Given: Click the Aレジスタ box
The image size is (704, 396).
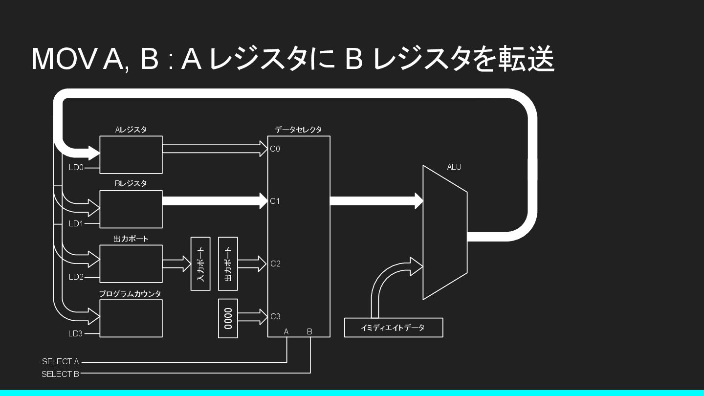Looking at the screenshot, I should (131, 154).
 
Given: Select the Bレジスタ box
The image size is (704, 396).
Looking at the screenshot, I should (131, 209).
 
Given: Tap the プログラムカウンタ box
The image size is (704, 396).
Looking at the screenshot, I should (131, 318).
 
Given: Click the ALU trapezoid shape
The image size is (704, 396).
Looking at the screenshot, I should (445, 232).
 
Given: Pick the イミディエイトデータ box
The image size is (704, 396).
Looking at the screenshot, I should (394, 328).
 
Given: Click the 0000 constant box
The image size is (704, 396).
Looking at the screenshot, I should (228, 318).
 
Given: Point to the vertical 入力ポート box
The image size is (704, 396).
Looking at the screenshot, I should (200, 264).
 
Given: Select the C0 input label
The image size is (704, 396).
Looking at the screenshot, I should (275, 149).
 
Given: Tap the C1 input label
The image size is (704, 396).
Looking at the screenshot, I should (275, 201).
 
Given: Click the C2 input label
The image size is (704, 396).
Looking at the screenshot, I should (276, 264).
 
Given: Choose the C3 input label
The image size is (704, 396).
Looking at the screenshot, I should (276, 317).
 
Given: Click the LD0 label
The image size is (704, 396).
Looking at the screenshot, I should (76, 168).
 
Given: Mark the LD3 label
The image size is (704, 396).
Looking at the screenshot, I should (75, 334).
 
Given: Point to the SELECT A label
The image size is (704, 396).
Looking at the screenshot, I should (60, 362).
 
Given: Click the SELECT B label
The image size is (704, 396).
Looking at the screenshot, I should (60, 374).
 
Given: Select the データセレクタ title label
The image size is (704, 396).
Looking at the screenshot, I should (298, 130).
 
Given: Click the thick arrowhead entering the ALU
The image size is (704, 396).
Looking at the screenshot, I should (418, 200).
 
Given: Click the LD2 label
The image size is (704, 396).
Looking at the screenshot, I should (76, 277).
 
